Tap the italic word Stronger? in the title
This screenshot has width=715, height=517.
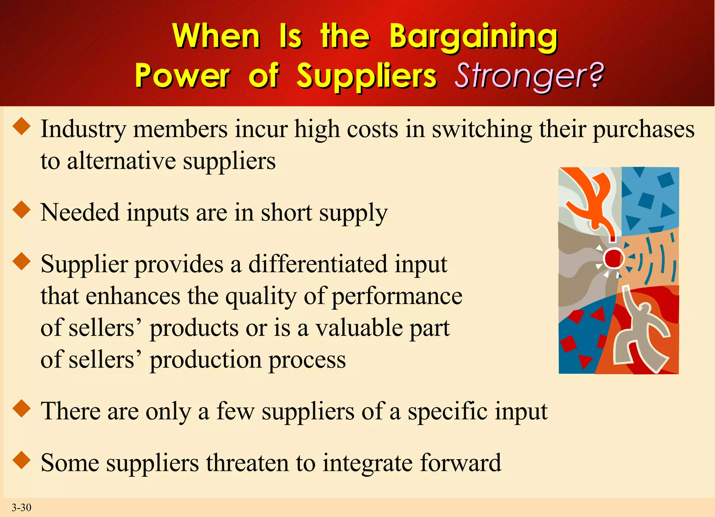pos(529,76)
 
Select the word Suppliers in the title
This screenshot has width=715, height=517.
pos(367,76)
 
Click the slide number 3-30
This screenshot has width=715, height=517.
pos(21,507)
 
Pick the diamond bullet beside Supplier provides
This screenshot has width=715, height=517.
pos(22,261)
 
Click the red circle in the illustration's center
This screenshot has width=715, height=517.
pos(614,258)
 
